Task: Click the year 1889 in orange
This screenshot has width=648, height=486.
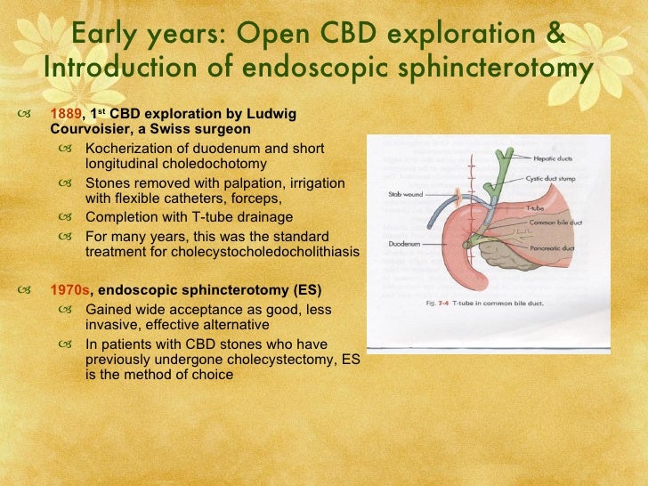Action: tap(64, 114)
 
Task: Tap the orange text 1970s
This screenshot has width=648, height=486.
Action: tap(69, 290)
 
